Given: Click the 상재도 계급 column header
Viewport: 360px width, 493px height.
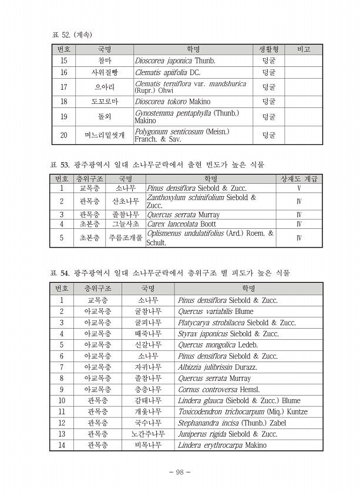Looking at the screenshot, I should [x=299, y=178].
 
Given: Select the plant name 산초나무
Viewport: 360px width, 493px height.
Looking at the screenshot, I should [x=126, y=201].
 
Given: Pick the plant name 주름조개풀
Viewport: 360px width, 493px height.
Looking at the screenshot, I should [x=126, y=238].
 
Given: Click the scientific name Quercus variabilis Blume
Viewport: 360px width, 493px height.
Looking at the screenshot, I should [x=216, y=312].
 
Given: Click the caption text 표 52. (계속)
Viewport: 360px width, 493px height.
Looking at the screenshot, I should [x=72, y=35].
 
